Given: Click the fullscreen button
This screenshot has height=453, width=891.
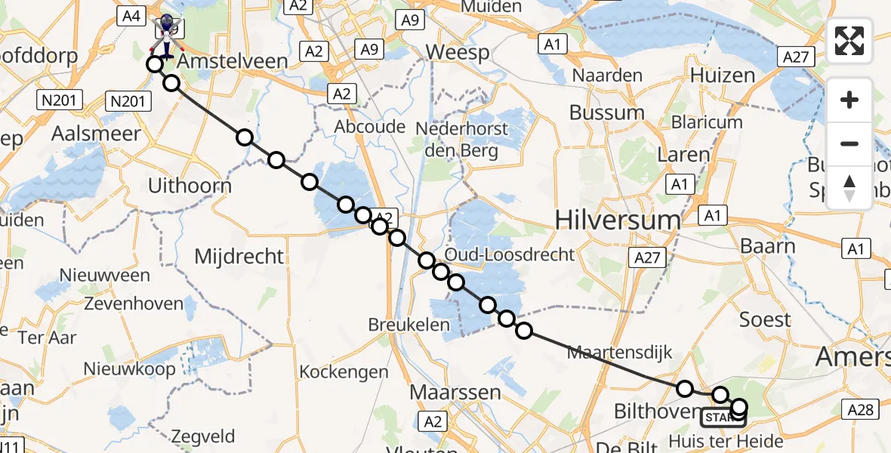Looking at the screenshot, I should coord(849,40).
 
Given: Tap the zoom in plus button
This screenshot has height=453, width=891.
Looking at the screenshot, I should coord(849,100).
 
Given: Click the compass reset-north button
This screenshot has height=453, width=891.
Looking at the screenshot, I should coord(849,188).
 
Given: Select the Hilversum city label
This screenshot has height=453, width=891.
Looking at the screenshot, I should coord(618,220).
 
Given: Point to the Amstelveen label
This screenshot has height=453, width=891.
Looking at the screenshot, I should coord(233,61).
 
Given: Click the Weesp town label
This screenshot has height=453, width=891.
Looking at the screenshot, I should coord(458,52).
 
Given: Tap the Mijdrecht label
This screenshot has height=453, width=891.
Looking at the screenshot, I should coord(239,256).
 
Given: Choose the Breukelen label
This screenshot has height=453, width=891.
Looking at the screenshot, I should coord(409,325).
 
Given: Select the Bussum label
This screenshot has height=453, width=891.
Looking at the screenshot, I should coord(607,113).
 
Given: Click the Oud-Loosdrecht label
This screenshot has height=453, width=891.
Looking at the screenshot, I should coord(520,254).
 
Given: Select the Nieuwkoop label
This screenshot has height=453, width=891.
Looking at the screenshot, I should coord(130,369).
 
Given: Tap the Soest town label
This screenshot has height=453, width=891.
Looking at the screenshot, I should coord(765,319).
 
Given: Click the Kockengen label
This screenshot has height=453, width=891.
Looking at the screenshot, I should coord(344,371).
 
